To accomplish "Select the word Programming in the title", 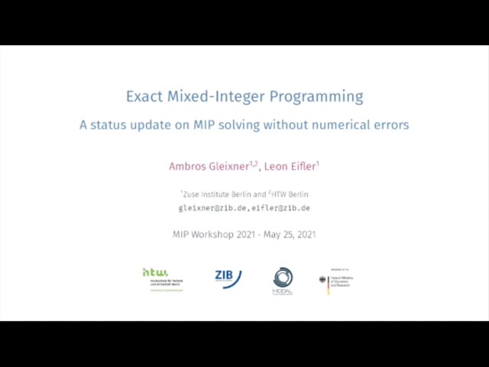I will coord(321,96).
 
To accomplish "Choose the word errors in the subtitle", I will coord(390,124).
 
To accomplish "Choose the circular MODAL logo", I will coord(283,280).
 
